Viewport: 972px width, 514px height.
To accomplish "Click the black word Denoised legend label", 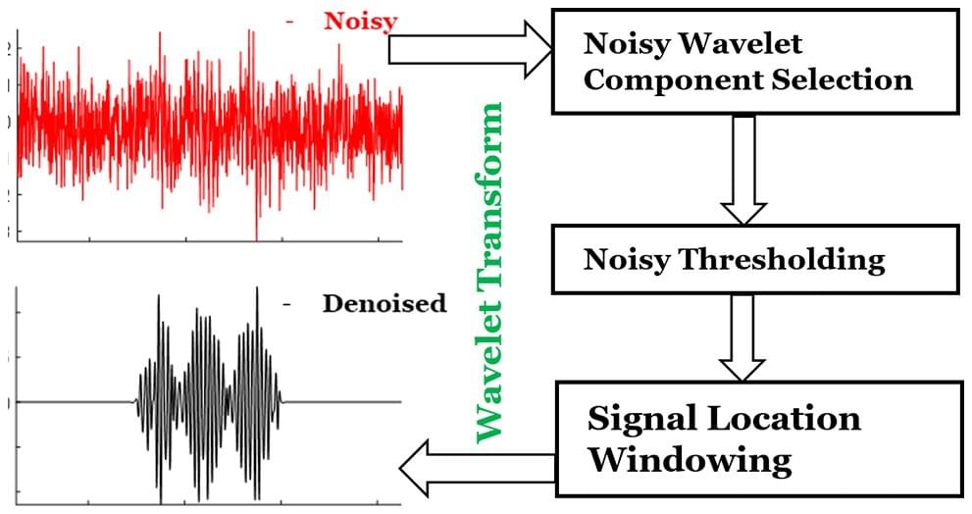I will tap(384, 303).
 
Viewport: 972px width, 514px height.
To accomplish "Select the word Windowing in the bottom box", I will tap(690, 459).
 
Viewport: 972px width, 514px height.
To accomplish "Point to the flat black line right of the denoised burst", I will tap(343, 401).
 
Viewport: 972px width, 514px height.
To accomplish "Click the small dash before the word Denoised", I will tap(287, 305).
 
